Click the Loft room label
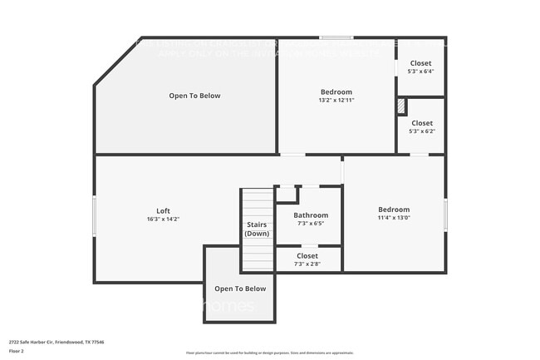click(x=163, y=210)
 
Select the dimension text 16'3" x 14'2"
click(x=163, y=219)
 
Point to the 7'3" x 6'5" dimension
click(x=307, y=224)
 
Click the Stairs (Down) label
click(x=257, y=229)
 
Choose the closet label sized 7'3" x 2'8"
click(x=307, y=256)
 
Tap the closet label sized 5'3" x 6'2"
click(x=421, y=123)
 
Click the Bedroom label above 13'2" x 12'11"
click(x=336, y=91)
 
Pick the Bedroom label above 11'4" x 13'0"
click(x=394, y=210)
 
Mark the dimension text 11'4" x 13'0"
click(x=394, y=219)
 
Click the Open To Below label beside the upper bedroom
click(x=194, y=96)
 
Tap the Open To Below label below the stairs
click(x=240, y=288)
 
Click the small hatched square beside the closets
click(x=400, y=106)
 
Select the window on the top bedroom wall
click(x=336, y=37)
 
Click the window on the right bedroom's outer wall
click(x=445, y=215)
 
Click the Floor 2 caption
click(x=17, y=351)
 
